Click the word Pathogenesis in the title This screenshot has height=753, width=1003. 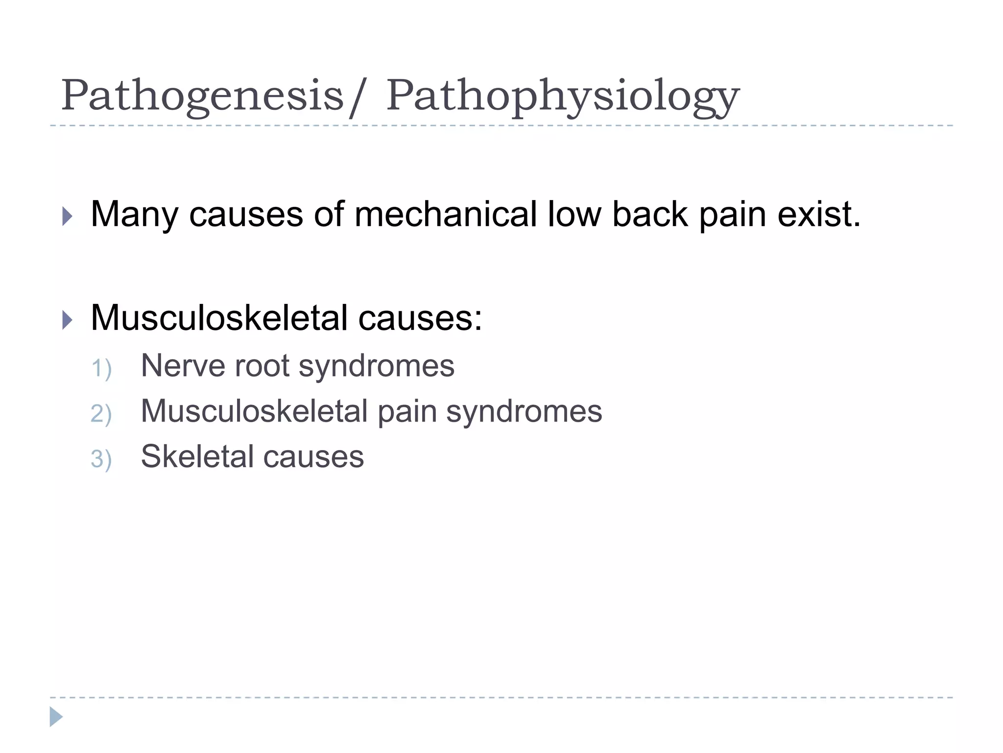click(202, 96)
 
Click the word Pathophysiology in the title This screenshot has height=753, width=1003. click(563, 97)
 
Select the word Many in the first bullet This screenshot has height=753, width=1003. click(134, 215)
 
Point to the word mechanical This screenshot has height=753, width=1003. click(445, 214)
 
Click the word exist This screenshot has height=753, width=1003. click(818, 214)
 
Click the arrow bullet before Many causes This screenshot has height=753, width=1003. click(68, 216)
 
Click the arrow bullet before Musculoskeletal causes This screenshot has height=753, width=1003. click(68, 321)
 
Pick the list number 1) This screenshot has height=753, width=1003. click(101, 369)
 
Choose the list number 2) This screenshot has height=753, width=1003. click(101, 414)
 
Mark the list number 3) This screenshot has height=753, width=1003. click(101, 459)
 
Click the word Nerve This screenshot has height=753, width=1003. click(182, 366)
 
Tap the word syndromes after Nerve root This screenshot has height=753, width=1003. click(376, 367)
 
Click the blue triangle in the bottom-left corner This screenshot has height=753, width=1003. click(56, 717)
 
